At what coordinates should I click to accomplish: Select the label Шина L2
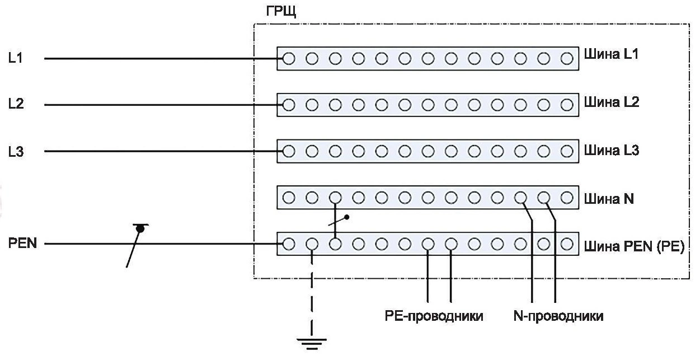click(612, 102)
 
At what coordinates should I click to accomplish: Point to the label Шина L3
click(612, 151)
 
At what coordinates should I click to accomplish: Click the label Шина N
click(609, 199)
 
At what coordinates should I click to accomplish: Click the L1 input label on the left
click(15, 58)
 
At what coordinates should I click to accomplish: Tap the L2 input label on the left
click(15, 105)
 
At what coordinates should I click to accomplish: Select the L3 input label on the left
click(15, 152)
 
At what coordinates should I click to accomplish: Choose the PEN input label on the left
click(22, 245)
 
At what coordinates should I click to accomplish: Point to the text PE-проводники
click(434, 317)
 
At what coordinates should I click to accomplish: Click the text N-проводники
click(558, 317)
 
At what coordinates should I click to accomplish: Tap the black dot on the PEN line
click(140, 228)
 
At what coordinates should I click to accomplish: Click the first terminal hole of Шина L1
click(289, 58)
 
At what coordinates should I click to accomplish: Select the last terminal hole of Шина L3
click(567, 151)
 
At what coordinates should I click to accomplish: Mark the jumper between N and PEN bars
click(335, 221)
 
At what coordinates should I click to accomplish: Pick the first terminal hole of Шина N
click(289, 197)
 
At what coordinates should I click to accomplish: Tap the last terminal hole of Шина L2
click(567, 105)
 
